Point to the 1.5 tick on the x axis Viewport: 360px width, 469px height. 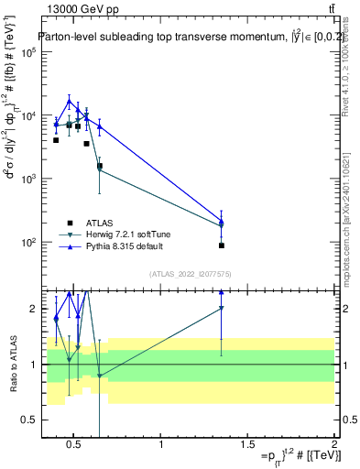click(247, 446)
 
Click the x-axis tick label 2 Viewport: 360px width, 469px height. click(333, 446)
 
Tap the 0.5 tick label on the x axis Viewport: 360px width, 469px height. click(75, 446)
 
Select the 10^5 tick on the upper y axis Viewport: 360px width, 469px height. click(28, 52)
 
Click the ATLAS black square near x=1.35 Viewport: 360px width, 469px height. click(222, 245)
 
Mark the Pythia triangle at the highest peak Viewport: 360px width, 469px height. click(69, 101)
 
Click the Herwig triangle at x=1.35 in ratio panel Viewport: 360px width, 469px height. click(222, 309)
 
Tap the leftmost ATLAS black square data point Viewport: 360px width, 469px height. click(56, 140)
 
